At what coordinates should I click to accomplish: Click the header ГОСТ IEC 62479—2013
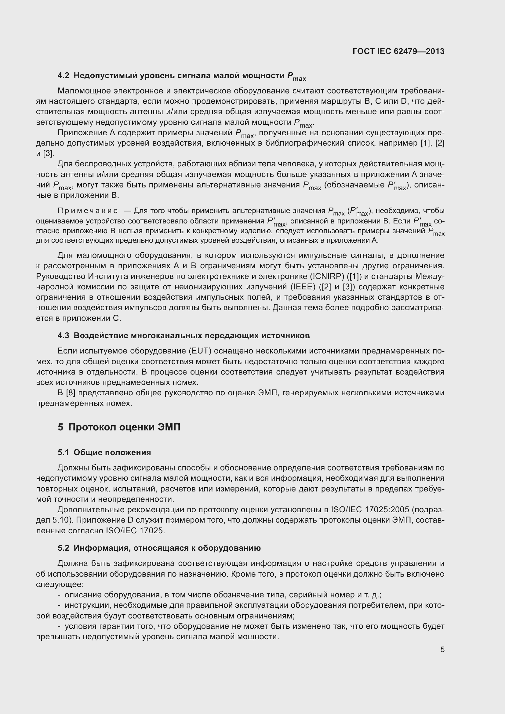[398, 51]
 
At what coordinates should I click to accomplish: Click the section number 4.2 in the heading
[64, 76]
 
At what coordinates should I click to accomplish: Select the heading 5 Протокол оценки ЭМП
[119, 427]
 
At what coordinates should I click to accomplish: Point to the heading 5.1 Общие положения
[104, 452]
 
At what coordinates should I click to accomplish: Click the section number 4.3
[64, 335]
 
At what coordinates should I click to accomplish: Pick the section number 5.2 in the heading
[64, 548]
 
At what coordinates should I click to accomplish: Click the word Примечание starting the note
[88, 211]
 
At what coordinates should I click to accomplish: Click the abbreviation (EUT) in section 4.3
[200, 351]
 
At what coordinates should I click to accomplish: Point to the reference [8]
[71, 393]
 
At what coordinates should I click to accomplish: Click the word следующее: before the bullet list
[60, 584]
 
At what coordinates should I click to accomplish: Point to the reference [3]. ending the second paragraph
[49, 154]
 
